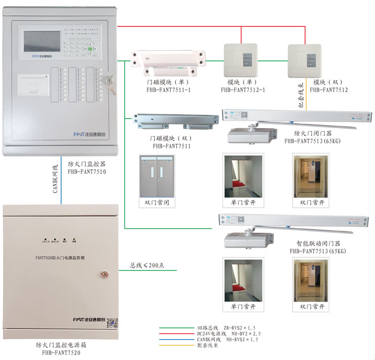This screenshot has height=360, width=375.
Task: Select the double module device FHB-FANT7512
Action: pos(305,61)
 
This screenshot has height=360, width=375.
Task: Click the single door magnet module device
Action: pos(169,58)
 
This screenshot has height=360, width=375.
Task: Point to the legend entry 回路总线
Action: pos(207,327)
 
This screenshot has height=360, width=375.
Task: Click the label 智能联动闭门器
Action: pos(318,244)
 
